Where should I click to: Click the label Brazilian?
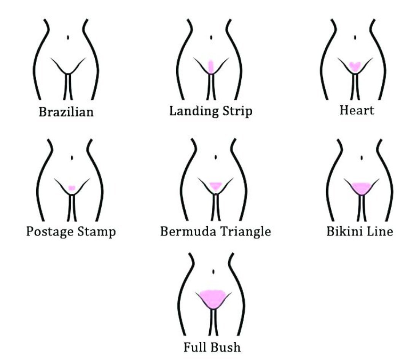pos(66,112)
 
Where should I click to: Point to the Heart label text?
pos(357,110)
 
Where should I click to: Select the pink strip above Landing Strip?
pos(212,66)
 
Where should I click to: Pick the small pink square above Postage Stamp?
pos(71,188)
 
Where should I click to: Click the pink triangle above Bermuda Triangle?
pos(216,185)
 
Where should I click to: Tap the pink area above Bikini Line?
pos(360,188)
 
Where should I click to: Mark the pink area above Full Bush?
pos(213,298)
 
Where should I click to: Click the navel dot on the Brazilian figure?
pos(68,37)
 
